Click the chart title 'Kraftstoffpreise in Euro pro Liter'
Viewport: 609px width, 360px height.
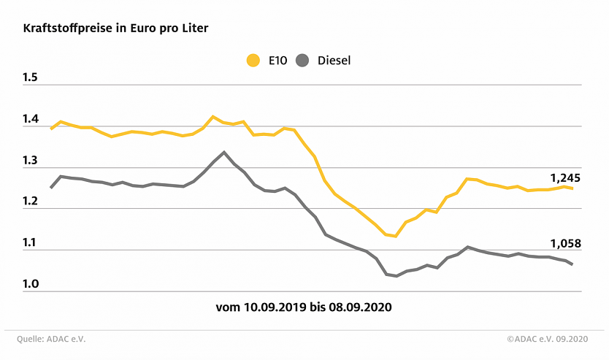(115, 28)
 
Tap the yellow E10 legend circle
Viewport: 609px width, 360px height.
(253, 61)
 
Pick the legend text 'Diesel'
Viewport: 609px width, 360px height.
(334, 61)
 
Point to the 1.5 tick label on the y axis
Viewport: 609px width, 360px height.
(31, 79)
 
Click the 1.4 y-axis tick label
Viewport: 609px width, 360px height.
(31, 120)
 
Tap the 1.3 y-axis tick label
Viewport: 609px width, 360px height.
(31, 161)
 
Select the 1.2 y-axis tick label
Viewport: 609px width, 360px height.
(31, 202)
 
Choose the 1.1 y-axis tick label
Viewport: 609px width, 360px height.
(31, 244)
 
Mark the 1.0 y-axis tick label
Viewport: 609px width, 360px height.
(31, 285)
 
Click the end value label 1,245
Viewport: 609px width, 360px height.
(565, 177)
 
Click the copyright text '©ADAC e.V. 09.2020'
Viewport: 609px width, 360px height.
(547, 339)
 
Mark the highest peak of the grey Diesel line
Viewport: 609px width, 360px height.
(223, 152)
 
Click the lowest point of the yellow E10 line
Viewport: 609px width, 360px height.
(396, 237)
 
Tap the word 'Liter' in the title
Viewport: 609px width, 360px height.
(193, 28)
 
